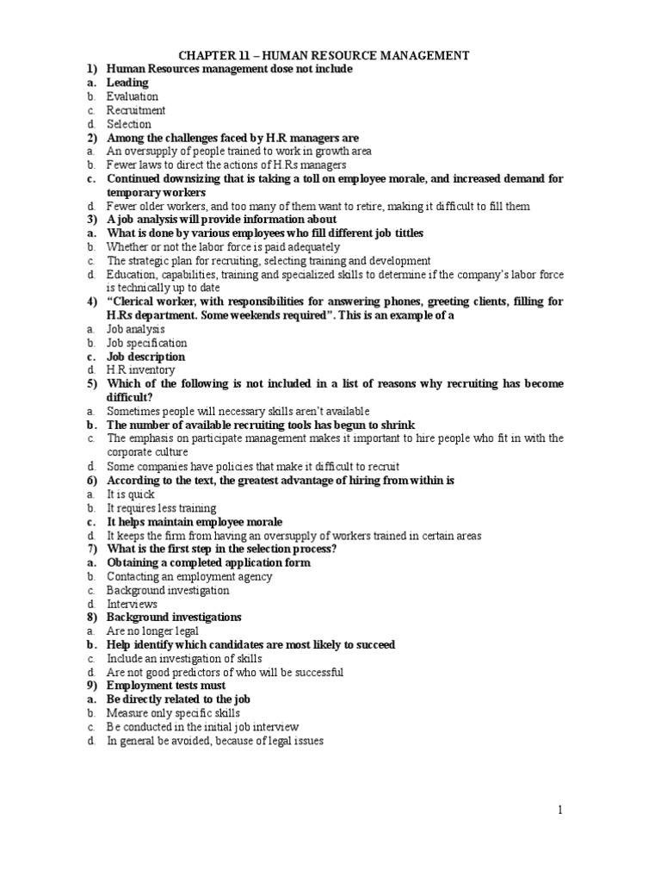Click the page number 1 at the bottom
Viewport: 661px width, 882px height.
(559, 809)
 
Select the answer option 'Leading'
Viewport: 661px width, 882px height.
(127, 83)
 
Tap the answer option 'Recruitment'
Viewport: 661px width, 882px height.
(136, 110)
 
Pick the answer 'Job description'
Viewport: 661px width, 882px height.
(145, 357)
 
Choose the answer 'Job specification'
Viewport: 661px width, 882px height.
(146, 343)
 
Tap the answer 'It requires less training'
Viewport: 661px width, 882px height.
(161, 508)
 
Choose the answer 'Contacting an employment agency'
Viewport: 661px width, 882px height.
(189, 576)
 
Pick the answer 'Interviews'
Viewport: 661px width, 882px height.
(133, 604)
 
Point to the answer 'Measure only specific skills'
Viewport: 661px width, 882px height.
(173, 713)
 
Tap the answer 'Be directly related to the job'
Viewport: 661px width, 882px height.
(178, 699)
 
